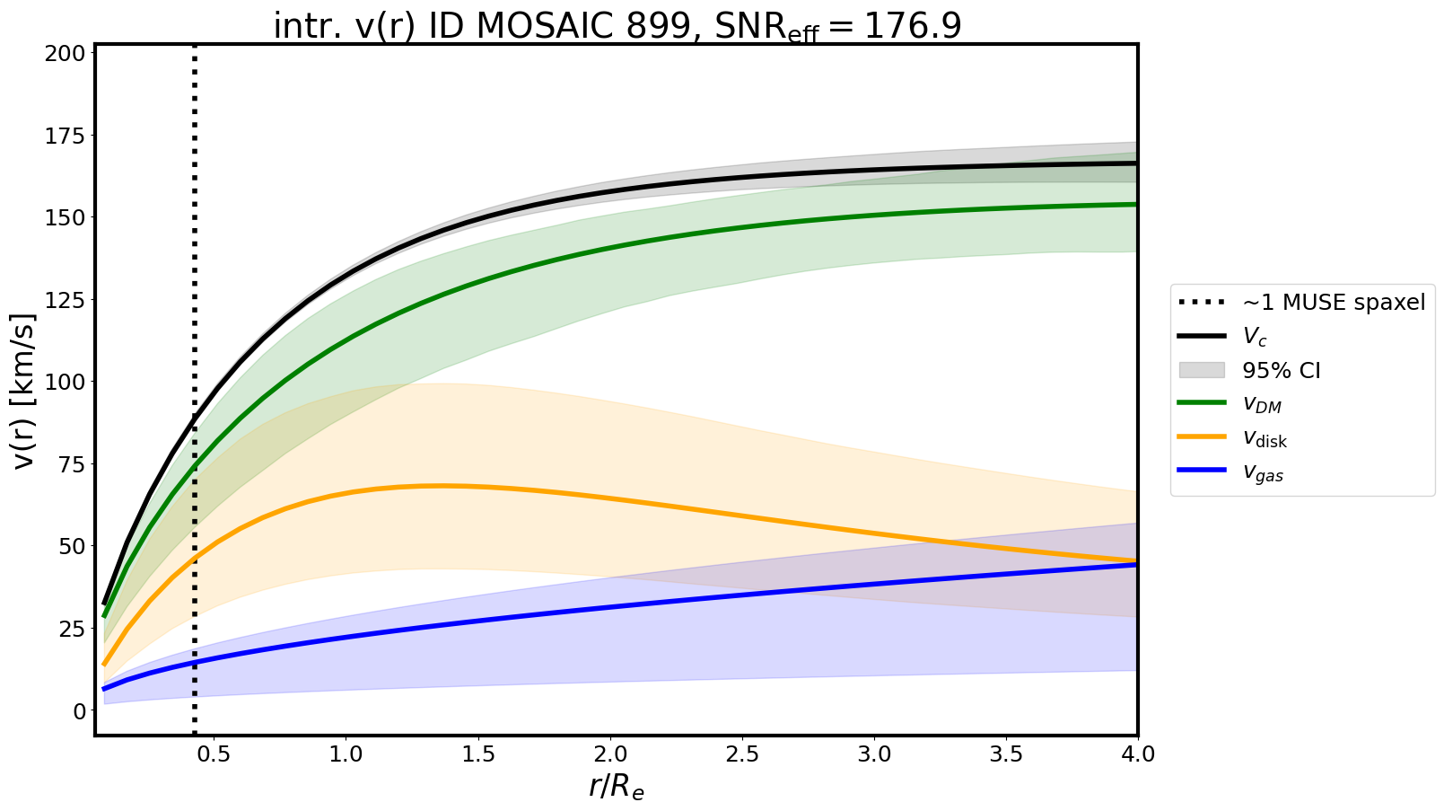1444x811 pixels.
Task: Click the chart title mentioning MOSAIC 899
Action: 617,25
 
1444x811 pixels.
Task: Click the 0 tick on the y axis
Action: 80,710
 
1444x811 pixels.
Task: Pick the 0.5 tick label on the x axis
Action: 214,754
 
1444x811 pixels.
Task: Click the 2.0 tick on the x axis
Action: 610,754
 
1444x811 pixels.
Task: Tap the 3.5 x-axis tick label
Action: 1006,754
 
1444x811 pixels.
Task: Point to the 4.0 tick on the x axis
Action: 1138,754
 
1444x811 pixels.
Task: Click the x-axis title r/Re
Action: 617,787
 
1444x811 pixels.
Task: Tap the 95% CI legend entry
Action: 1281,371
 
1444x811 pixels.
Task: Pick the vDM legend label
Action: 1261,405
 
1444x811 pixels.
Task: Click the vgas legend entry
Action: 1263,473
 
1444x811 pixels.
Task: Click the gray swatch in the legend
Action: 1201,370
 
